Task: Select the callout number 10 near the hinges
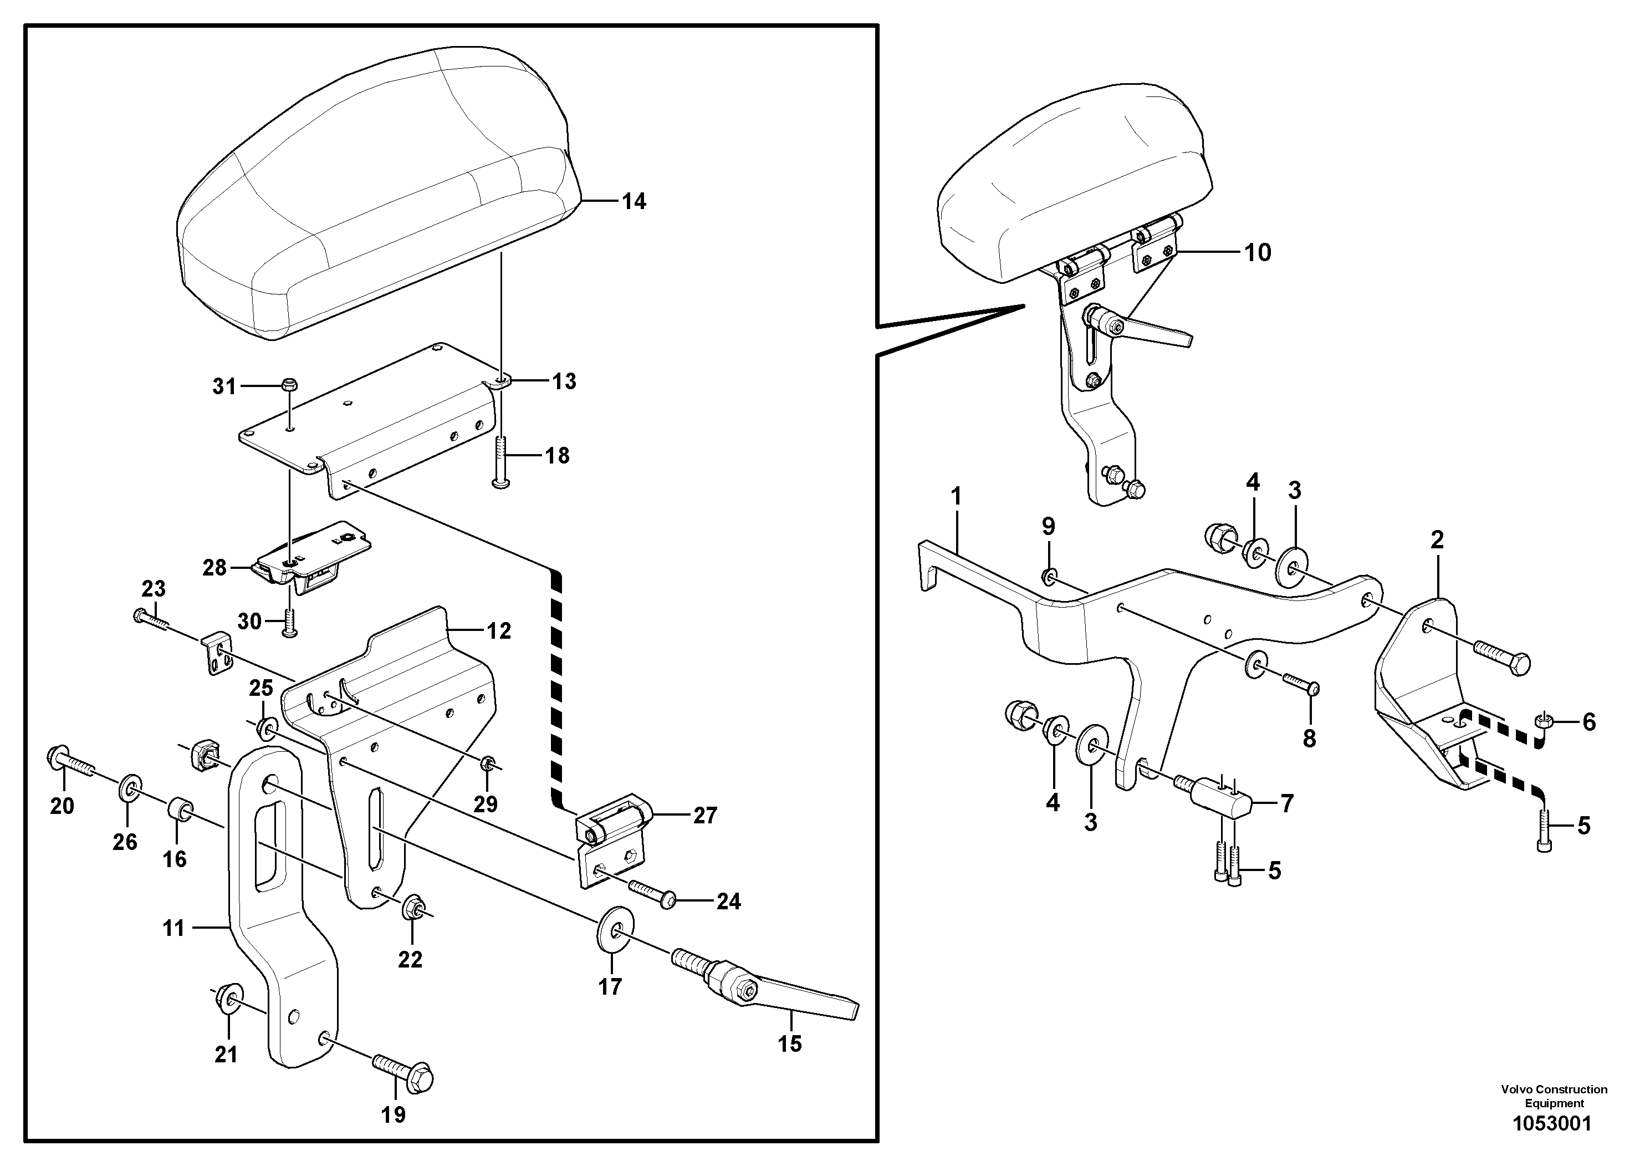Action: click(1258, 252)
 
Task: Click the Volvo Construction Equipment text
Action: click(1554, 1096)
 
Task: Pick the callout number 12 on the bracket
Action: click(498, 631)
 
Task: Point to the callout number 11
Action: click(174, 928)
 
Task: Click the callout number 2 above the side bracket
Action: click(1437, 540)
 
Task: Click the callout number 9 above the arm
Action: click(1049, 527)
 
